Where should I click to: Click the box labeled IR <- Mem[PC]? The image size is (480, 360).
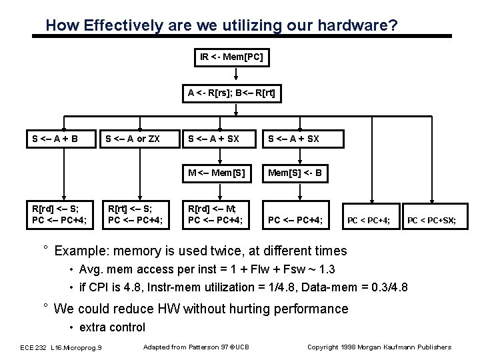(x=231, y=57)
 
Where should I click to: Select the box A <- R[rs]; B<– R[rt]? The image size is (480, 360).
(x=231, y=95)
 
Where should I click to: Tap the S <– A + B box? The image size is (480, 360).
(x=55, y=139)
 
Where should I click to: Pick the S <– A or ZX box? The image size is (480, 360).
(x=133, y=139)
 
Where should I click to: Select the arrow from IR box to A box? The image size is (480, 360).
(x=231, y=77)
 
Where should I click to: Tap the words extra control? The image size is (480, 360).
(x=112, y=327)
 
